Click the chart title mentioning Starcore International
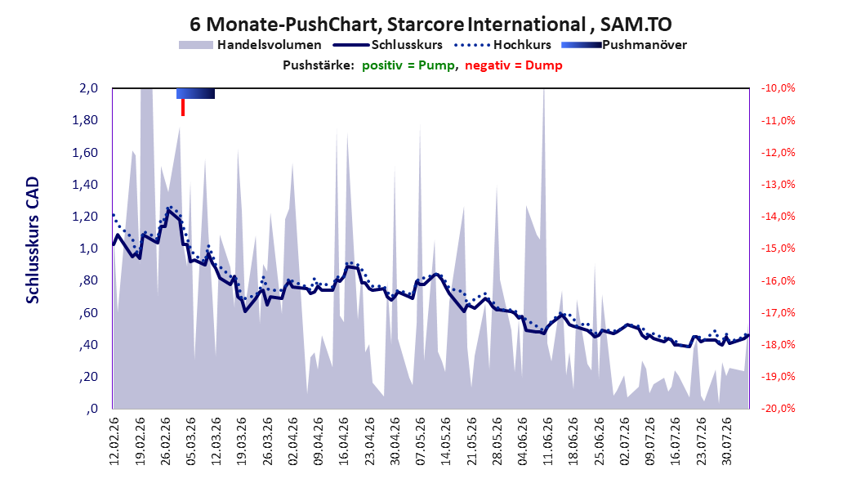tap(430, 25)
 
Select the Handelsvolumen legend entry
tap(250, 45)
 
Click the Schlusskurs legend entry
tap(388, 45)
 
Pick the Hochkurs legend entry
tap(502, 45)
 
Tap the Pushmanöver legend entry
tap(624, 45)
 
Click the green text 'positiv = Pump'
tap(408, 65)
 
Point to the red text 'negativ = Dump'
tap(514, 65)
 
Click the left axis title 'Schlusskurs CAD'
tap(33, 239)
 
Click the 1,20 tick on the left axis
tap(85, 217)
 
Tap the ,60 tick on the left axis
tap(88, 312)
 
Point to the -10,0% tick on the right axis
tap(778, 88)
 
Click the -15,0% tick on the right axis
tap(778, 248)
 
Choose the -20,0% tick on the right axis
tap(778, 409)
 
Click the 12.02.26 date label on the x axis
tap(114, 441)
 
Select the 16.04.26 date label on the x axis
tap(344, 441)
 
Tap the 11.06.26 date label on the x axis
tap(548, 441)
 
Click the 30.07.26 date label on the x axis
tap(726, 441)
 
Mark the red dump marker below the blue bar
tap(183, 107)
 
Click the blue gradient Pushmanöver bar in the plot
tap(195, 93)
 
